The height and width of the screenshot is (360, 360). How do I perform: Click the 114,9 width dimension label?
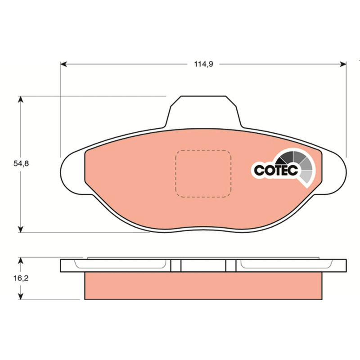click(x=204, y=64)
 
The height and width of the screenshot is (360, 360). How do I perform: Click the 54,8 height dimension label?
click(x=21, y=164)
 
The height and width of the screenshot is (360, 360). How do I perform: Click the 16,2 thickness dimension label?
click(x=21, y=278)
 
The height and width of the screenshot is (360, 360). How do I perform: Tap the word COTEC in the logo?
click(x=276, y=170)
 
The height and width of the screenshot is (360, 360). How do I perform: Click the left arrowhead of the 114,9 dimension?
click(x=63, y=64)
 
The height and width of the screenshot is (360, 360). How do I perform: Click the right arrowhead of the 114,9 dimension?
click(x=343, y=64)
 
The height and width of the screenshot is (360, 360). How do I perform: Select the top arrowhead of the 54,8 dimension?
click(x=21, y=99)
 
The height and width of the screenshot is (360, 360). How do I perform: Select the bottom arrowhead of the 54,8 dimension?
click(x=21, y=229)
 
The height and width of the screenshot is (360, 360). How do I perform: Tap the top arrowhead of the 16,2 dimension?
click(x=21, y=261)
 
